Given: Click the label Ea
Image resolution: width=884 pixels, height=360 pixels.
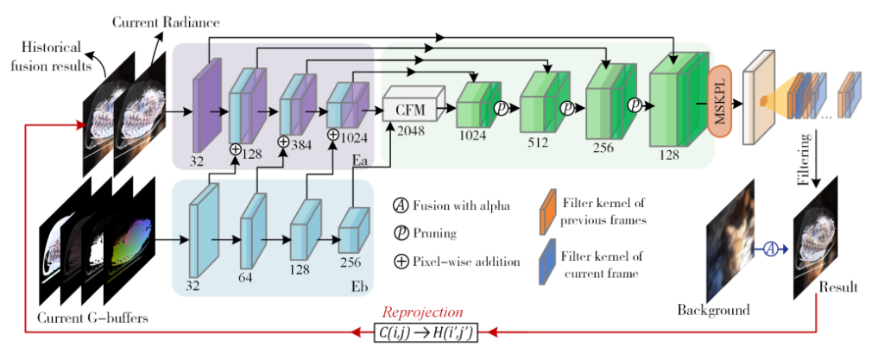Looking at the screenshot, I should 360,161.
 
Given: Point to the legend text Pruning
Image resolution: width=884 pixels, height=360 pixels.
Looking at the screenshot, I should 436,233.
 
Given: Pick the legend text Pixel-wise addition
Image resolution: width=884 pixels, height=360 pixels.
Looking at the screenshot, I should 469,262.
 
